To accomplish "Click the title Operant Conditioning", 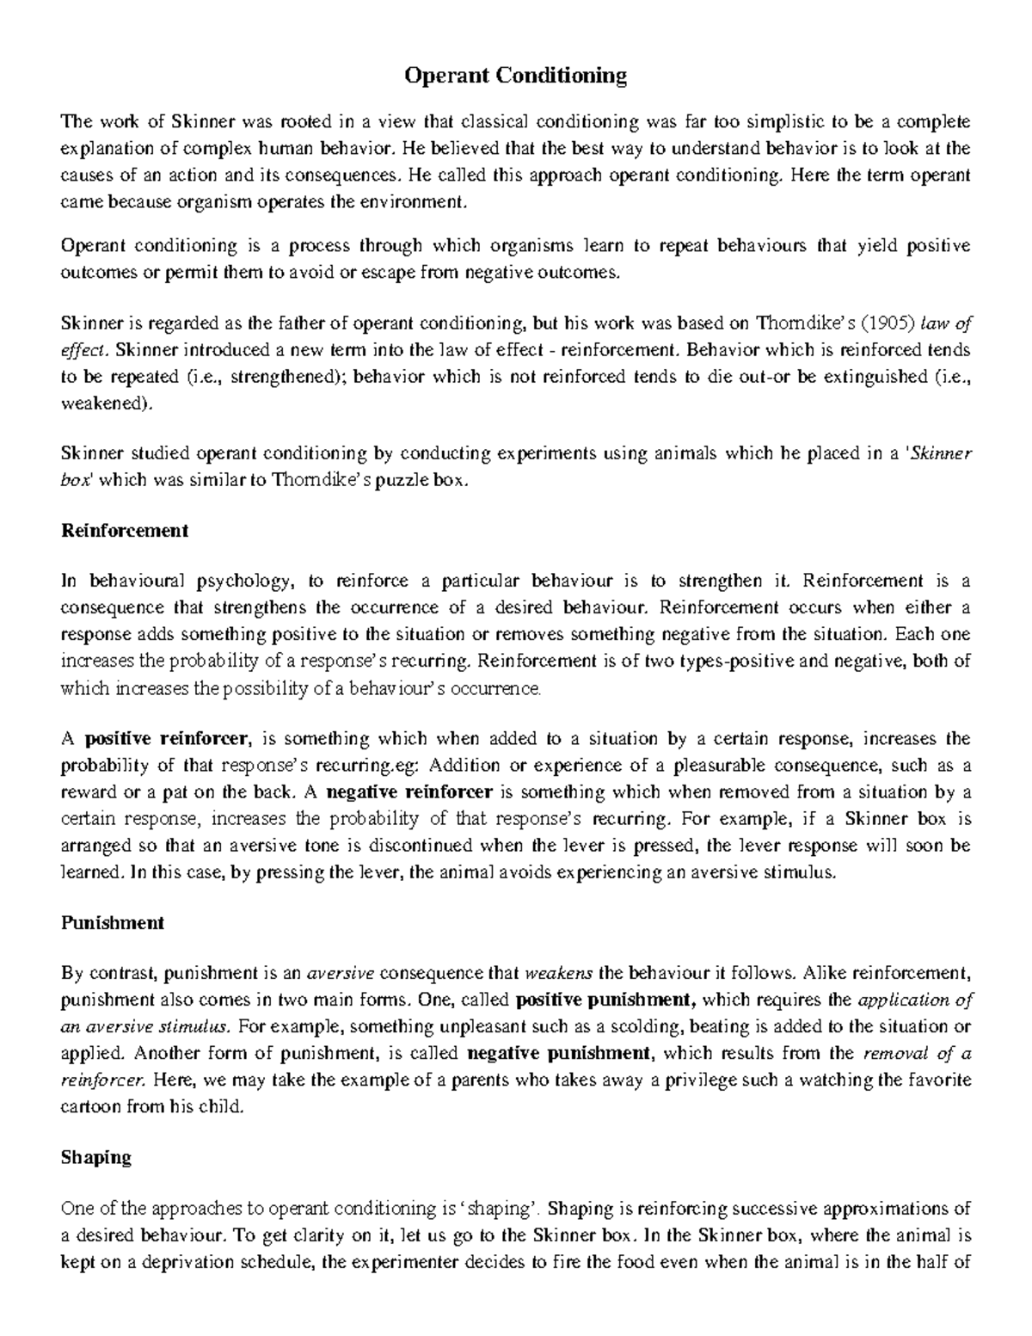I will pos(516,76).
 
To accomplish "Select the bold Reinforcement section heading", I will pos(125,530).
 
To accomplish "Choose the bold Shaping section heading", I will pos(96,1157).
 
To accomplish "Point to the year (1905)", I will pos(886,323).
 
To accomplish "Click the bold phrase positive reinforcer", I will pos(169,739).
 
